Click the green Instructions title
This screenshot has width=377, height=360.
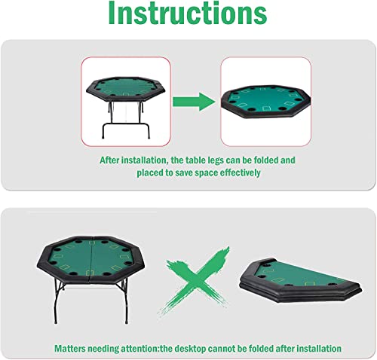(188, 13)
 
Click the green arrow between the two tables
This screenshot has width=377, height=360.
(194, 102)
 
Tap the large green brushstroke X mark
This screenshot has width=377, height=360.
(195, 280)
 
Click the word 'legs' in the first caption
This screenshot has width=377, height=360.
(216, 160)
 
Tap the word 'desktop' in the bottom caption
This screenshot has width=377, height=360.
(190, 349)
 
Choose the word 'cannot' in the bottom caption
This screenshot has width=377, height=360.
(221, 349)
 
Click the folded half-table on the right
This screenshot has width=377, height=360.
(301, 279)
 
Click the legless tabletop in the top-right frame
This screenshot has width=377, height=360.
(265, 101)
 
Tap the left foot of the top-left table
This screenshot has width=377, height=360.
(103, 137)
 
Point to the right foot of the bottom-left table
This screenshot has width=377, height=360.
(127, 322)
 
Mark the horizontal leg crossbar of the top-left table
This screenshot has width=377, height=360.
(126, 124)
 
